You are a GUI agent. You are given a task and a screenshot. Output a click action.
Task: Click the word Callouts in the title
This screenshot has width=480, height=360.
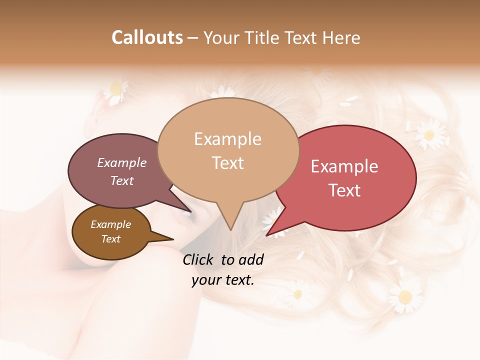147,37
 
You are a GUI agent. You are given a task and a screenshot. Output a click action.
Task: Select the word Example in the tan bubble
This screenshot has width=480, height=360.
227,139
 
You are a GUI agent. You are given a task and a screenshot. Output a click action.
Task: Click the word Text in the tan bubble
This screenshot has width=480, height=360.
227,163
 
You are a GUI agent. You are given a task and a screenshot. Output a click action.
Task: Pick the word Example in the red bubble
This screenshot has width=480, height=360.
344,166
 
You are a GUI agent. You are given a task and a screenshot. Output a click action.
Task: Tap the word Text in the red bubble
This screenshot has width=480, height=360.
344,190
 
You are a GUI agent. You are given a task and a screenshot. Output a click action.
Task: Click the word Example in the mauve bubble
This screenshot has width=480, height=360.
121,163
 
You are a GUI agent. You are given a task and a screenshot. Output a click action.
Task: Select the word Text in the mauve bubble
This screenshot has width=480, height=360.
121,180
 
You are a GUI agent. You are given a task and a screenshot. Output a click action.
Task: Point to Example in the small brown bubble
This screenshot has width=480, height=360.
110,224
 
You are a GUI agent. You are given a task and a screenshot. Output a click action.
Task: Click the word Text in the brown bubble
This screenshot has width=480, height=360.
110,239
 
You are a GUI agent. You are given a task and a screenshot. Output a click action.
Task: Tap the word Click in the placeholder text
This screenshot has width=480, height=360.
200,259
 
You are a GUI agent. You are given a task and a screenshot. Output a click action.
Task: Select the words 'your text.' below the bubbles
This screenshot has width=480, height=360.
222,280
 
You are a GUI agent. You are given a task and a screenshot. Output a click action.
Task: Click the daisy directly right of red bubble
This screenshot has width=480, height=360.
428,134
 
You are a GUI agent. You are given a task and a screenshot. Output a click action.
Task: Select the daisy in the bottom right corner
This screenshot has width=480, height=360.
404,296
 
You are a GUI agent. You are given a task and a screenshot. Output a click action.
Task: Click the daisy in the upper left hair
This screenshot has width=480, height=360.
116,90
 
